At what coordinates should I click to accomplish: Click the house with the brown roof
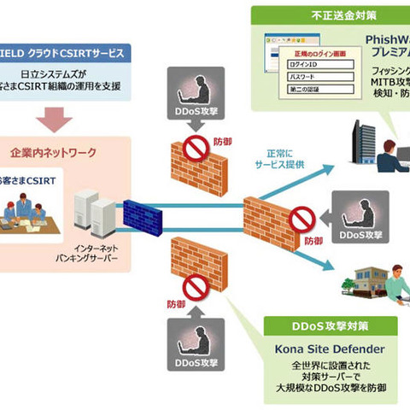coord(372,282)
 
